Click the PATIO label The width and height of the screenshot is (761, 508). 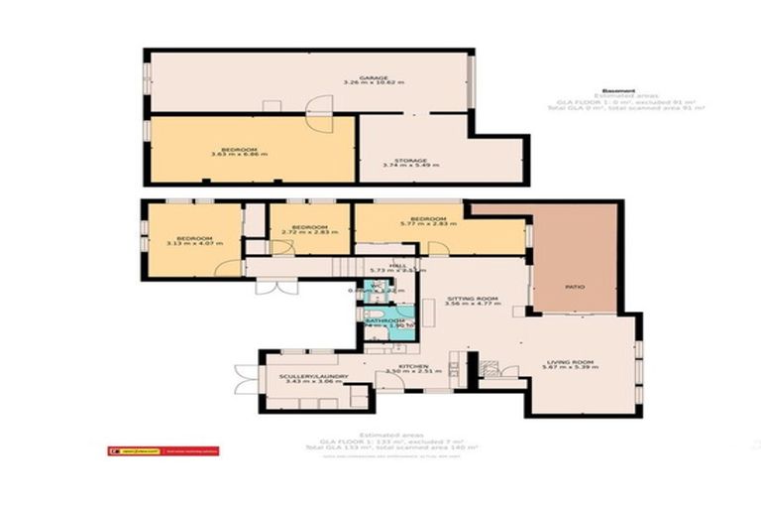click(x=575, y=287)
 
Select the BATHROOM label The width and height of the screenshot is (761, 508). click(x=385, y=320)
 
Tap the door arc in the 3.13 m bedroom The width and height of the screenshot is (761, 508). click(x=229, y=267)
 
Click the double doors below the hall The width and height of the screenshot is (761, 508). click(x=268, y=286)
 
